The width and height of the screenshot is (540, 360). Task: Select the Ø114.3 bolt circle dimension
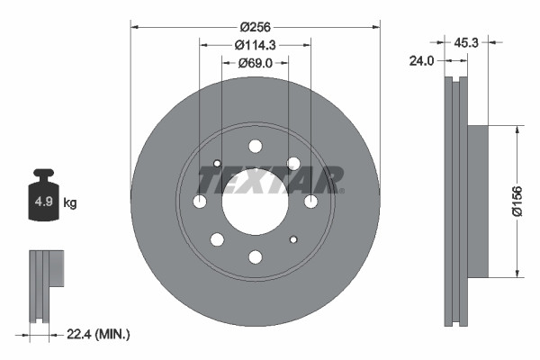(x=255, y=45)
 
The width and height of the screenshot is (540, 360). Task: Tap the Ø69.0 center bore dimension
(x=255, y=63)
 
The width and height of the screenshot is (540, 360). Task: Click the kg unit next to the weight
(x=69, y=203)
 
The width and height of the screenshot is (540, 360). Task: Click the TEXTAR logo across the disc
(x=269, y=181)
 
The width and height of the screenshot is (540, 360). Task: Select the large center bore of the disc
(x=255, y=202)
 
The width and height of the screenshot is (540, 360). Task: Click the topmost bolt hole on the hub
(x=255, y=146)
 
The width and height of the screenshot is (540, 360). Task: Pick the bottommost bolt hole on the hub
(x=255, y=257)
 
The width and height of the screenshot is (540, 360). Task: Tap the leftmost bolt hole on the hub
(x=199, y=202)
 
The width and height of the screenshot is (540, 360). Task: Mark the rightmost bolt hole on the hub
(x=310, y=202)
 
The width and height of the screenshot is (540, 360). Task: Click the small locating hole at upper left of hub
(x=217, y=164)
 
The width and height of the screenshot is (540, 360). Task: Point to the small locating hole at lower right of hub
(x=293, y=239)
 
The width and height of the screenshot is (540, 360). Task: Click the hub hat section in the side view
(x=476, y=201)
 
